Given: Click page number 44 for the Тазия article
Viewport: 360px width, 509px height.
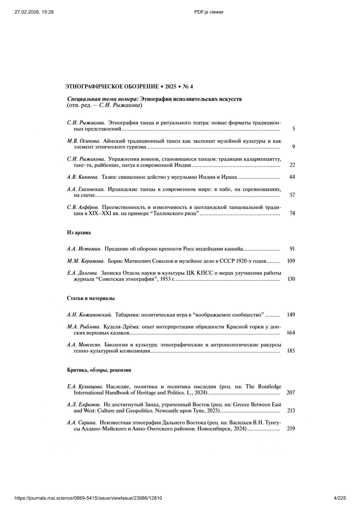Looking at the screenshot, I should pos(292,177).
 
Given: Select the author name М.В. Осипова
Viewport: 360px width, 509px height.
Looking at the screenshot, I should pos(84,141).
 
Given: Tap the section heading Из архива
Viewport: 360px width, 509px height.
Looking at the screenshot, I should pos(79,233).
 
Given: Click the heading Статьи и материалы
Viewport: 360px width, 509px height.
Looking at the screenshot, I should pos(91,298).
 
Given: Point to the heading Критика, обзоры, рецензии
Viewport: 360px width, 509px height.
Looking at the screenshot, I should pos(99,370).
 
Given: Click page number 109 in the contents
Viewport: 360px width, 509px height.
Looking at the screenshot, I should pos(291,261).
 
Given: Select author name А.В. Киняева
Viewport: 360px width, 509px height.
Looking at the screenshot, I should pos(83,177).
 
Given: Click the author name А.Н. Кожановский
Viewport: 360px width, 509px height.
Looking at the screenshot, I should pos(89,315).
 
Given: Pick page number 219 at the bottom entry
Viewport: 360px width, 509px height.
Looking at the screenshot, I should pos(291,428).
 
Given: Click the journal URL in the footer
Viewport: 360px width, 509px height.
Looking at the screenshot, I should pos(88,498).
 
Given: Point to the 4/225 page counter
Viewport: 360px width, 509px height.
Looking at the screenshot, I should pos(340,498).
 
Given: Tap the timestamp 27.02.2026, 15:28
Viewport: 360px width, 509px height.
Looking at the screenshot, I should pos(34,12).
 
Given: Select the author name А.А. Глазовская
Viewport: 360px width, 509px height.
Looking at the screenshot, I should pos(86,189).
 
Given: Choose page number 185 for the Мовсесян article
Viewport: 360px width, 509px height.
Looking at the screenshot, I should pos(291,351).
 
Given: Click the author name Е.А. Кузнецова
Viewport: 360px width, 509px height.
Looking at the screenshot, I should pos(85,387).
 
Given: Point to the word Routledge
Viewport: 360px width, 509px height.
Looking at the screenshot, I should pos(269,387).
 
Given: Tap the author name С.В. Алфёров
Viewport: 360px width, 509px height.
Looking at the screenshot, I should pos(83,207).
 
